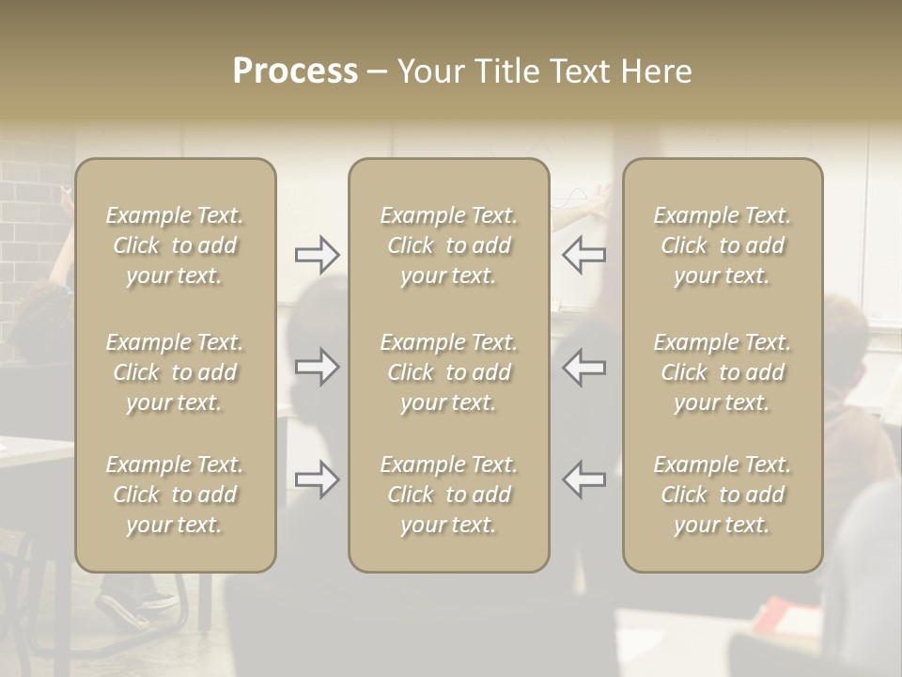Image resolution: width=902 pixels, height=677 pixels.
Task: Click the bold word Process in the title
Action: tap(295, 71)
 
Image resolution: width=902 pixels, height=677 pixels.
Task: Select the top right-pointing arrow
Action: tap(317, 255)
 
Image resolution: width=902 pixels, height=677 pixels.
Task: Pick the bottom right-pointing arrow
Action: tap(317, 480)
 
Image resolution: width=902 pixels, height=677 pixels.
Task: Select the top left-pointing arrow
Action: tap(583, 255)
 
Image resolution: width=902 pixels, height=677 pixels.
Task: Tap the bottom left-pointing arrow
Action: tap(583, 480)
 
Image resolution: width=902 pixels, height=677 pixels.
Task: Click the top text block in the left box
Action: tap(175, 245)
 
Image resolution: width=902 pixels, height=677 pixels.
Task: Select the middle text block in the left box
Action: tap(175, 372)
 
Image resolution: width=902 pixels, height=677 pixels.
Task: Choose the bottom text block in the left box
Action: tap(175, 495)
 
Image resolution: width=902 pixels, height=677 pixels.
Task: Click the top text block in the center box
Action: tap(449, 245)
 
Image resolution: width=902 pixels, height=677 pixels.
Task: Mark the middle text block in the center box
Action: tap(449, 372)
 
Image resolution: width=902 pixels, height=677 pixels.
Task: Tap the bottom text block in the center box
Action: tap(449, 495)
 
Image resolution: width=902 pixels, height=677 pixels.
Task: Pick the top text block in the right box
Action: tap(723, 245)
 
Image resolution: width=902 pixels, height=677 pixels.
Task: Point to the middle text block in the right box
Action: tap(723, 372)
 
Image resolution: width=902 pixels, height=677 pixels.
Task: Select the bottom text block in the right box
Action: tap(723, 495)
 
